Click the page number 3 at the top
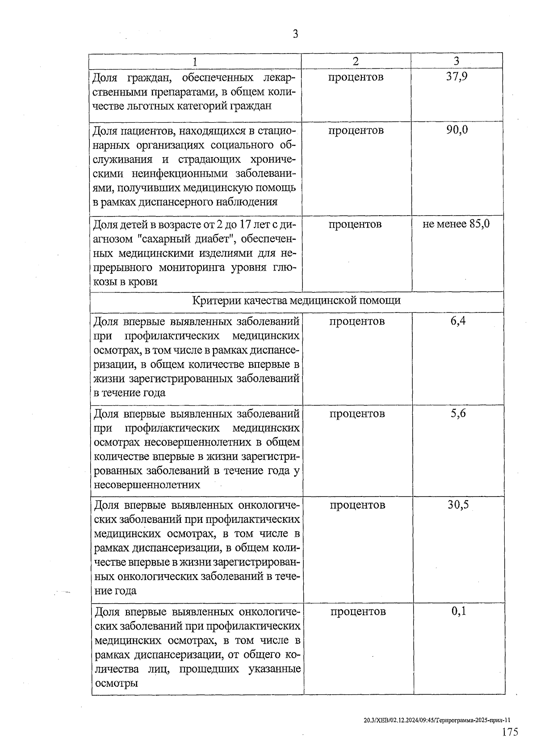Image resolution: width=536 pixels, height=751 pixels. coord(295,34)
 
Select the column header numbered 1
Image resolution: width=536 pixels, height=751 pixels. coord(195,61)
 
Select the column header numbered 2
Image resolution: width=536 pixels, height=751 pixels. coord(356,61)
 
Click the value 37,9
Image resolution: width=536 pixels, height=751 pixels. coord(456,77)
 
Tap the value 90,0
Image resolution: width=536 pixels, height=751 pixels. coord(457,130)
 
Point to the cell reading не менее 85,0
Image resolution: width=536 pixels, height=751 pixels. coord(456,224)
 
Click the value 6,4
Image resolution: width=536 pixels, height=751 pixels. coord(458,321)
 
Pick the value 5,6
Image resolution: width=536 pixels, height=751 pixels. coord(458,413)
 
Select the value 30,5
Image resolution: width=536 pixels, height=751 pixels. coord(458,505)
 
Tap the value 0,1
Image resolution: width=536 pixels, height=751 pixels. coord(459,611)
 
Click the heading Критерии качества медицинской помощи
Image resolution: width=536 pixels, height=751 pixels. coord(296,300)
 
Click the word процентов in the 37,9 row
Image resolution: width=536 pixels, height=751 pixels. coord(356,77)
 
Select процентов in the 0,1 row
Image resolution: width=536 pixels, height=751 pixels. coord(358,611)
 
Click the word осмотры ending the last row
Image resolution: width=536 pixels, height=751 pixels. coord(116,683)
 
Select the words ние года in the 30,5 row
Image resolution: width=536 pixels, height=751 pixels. coord(116,591)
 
